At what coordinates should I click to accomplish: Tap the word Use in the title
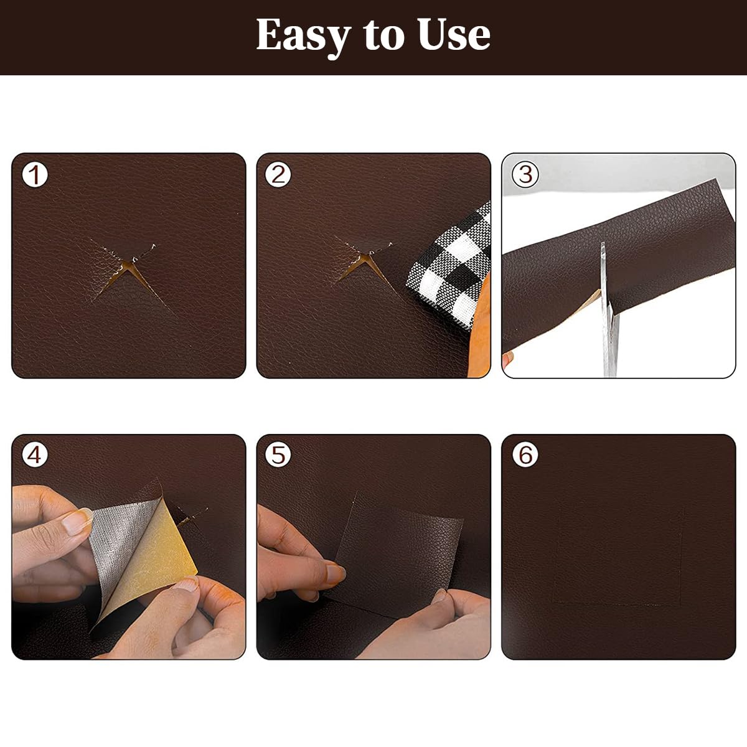[x=454, y=35]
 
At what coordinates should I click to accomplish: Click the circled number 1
[x=35, y=175]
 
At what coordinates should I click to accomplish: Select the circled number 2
[x=278, y=175]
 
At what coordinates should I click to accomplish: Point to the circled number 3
[x=526, y=175]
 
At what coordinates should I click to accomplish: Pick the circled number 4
[x=35, y=455]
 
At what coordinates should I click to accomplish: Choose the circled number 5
[x=278, y=455]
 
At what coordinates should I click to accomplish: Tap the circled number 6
[x=526, y=455]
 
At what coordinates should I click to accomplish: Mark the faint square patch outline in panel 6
[x=619, y=554]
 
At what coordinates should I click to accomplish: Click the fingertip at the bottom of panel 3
[x=509, y=359]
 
